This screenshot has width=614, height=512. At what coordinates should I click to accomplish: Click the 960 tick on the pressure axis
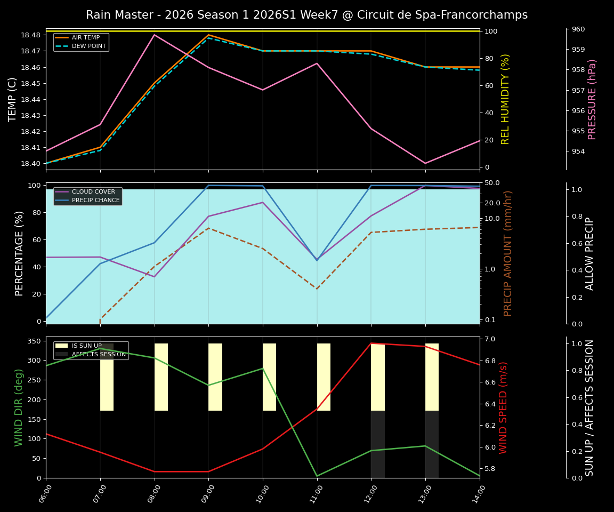(578, 29)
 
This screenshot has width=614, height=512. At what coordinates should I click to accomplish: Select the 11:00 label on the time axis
(314, 493)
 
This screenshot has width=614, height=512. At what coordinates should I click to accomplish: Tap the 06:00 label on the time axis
(43, 493)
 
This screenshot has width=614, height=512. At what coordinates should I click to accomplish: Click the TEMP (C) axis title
(13, 99)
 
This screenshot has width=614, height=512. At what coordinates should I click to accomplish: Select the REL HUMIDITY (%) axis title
(506, 99)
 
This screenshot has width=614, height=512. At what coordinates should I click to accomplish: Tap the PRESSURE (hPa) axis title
(592, 99)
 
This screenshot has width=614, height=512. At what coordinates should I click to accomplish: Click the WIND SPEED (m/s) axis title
(504, 407)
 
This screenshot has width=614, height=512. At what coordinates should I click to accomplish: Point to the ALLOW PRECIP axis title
(590, 253)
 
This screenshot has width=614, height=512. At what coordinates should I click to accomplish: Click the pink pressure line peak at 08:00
(155, 35)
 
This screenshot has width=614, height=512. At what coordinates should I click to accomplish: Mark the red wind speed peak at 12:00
(371, 343)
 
